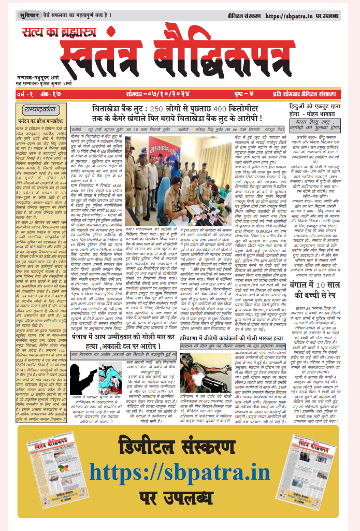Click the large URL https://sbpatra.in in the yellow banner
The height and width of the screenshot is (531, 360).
click(x=179, y=472)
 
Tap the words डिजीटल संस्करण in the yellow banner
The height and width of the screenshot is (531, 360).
click(x=179, y=447)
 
